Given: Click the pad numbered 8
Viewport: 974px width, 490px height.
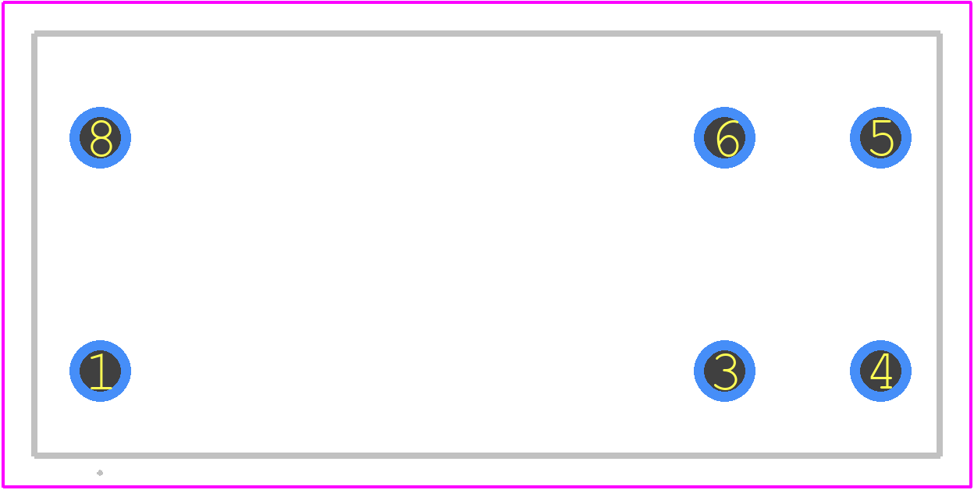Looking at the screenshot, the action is click(x=100, y=137).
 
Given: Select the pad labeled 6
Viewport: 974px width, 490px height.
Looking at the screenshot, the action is click(x=724, y=137).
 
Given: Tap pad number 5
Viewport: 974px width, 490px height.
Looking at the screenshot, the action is click(x=880, y=137).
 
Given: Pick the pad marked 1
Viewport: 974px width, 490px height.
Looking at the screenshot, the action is click(x=100, y=371).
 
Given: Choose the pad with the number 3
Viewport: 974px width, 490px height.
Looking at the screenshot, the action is click(x=724, y=371).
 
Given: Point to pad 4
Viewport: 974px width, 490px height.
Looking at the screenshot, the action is click(x=880, y=371).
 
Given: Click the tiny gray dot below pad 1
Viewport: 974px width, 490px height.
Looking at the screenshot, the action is click(x=100, y=473).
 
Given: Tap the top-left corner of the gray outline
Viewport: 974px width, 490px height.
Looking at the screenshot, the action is click(x=34, y=34).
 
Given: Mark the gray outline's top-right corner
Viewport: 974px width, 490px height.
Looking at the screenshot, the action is click(x=940, y=34).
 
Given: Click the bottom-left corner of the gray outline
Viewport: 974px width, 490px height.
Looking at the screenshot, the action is click(x=34, y=455).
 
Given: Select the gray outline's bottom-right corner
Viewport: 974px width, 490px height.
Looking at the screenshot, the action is click(x=940, y=455).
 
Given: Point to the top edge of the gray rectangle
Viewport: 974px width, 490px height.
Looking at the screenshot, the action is click(x=487, y=34).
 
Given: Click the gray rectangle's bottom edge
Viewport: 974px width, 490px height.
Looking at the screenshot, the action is click(x=487, y=455).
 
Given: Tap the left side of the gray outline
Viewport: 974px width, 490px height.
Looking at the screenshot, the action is click(x=34, y=244).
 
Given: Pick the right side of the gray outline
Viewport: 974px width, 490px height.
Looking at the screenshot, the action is click(x=940, y=244).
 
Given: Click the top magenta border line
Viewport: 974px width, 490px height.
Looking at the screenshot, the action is click(x=487, y=2).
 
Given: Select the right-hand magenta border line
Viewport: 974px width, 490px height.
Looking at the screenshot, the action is click(x=971, y=245).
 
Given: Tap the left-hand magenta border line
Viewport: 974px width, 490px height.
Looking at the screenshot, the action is click(x=3, y=245).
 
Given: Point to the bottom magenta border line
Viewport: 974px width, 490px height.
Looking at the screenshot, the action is click(x=487, y=487).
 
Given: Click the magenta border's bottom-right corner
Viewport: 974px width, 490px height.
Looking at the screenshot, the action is click(x=971, y=487).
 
